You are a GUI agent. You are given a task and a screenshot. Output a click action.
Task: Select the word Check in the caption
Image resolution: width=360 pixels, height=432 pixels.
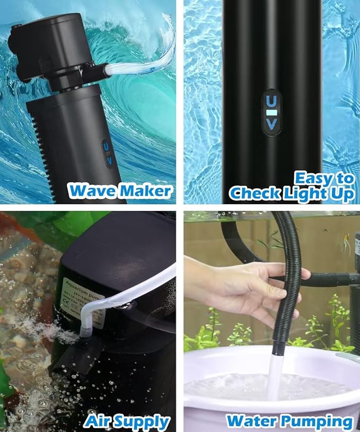coord(255,194)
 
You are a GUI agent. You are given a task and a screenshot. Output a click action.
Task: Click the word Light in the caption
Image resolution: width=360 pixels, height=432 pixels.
coord(307,194)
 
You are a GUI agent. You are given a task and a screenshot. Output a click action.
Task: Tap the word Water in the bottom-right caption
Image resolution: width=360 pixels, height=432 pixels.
coord(251,421)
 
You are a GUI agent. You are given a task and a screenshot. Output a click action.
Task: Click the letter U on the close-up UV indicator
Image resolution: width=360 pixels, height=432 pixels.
coord(271,100)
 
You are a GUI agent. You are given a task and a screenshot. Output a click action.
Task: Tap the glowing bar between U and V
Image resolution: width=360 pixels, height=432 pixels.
coord(271,112)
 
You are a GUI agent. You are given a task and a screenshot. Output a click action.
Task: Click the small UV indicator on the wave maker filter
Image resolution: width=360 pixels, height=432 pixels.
coord(107,153)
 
